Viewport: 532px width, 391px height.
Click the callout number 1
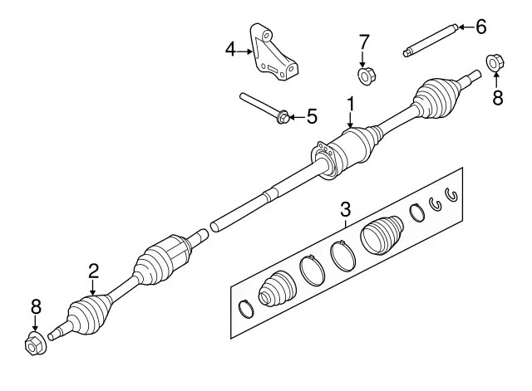click(351, 104)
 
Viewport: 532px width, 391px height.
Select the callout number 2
click(94, 270)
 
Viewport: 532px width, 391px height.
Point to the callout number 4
click(230, 51)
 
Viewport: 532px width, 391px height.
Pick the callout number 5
click(312, 116)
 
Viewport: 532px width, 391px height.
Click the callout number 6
click(480, 27)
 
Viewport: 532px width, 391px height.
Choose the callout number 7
click(363, 42)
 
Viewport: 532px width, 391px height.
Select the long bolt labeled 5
click(264, 107)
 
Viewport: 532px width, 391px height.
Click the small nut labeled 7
click(364, 76)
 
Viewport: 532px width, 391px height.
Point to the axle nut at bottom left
click(35, 343)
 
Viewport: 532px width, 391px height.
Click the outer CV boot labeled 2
click(89, 315)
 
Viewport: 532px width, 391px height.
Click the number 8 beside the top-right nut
click(497, 98)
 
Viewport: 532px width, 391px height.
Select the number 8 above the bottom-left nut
click(36, 307)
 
